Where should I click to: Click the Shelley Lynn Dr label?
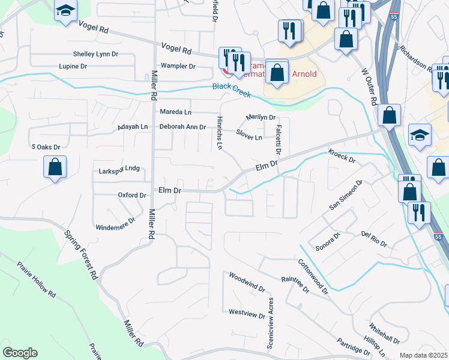click(x=95, y=54)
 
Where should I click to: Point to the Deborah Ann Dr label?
click(x=182, y=127)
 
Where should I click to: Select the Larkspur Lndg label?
click(x=119, y=170)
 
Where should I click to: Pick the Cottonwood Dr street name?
click(x=313, y=276)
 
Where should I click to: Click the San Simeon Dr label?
click(x=347, y=196)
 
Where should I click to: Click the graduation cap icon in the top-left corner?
click(x=65, y=10)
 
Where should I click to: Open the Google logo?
click(x=20, y=353)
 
